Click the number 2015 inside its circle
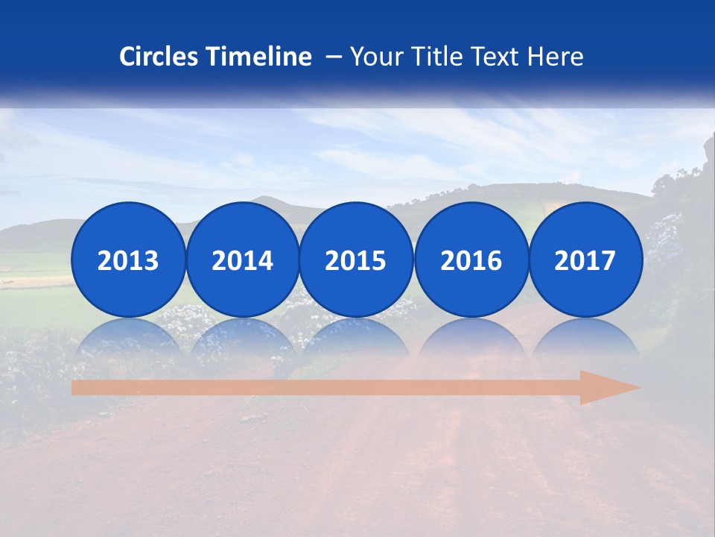(x=356, y=261)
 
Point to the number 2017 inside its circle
(x=585, y=261)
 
